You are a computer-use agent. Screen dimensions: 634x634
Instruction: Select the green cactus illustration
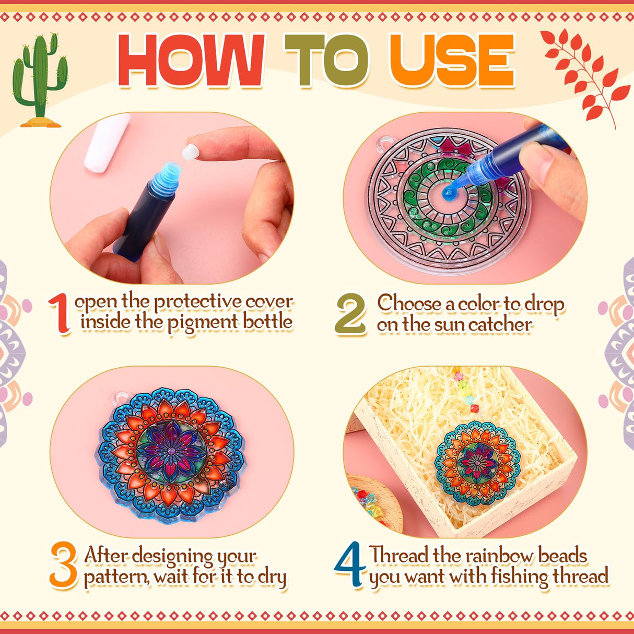coord(40,80)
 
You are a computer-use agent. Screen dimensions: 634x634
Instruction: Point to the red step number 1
coord(60,313)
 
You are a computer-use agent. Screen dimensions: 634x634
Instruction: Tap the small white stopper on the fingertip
coord(191,153)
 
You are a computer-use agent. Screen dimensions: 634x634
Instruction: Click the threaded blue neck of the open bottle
coord(168,178)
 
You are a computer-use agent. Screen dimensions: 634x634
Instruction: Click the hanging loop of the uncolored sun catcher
coord(383,143)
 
